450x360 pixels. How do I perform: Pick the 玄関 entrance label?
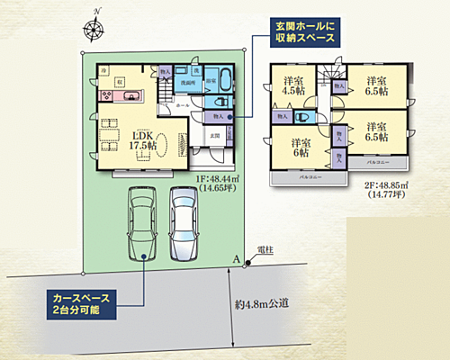tap(213, 135)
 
